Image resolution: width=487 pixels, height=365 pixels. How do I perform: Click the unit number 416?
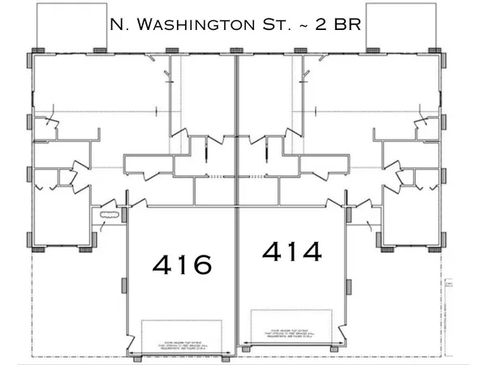(183, 263)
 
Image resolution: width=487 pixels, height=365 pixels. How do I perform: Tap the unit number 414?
(292, 251)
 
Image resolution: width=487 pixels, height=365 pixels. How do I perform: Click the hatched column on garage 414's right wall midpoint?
(348, 285)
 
